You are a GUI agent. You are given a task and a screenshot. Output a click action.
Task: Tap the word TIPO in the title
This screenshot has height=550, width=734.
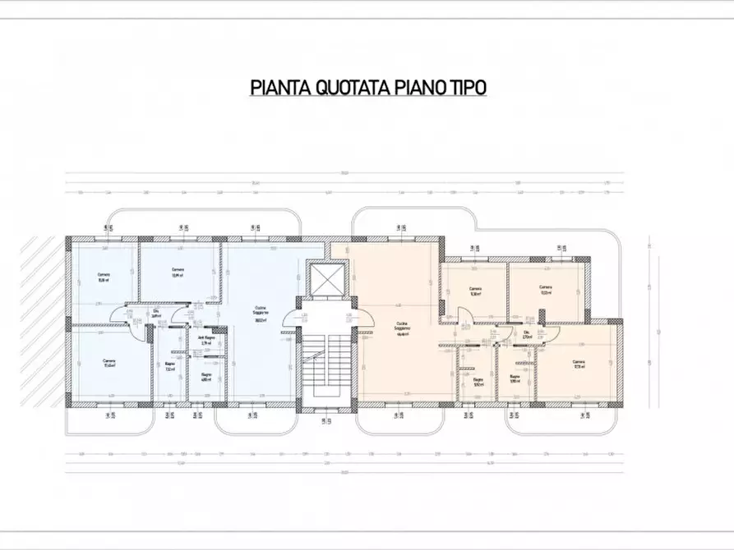pyautogui.click(x=467, y=88)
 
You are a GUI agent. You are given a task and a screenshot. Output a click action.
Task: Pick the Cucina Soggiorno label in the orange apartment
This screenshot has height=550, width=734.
pyautogui.click(x=403, y=328)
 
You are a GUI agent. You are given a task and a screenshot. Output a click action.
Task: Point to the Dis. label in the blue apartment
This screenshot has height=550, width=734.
pyautogui.click(x=156, y=313)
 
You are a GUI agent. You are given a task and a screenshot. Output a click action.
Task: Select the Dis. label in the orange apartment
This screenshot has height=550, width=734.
pyautogui.click(x=527, y=333)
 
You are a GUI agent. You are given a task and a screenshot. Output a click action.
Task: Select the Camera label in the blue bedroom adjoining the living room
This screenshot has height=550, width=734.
pyautogui.click(x=178, y=273)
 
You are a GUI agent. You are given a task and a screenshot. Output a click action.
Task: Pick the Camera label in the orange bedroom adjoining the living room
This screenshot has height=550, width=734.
pyautogui.click(x=475, y=291)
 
